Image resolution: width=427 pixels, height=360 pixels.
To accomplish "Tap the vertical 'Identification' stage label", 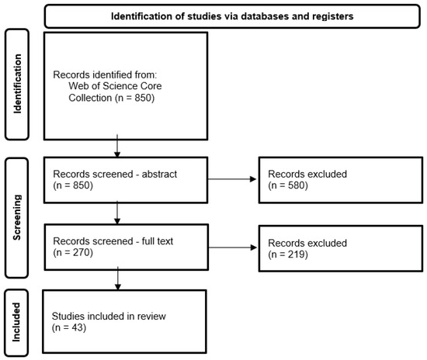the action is point(17,84).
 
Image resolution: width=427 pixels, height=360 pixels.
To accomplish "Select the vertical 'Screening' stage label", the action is point(17,217).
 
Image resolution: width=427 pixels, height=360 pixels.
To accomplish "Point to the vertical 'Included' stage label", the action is point(16,322).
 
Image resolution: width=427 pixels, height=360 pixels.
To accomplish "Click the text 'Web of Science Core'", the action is point(115,86).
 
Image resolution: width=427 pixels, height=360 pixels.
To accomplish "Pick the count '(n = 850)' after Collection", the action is point(134,98).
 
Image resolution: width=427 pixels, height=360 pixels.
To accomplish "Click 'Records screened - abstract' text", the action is point(115,174).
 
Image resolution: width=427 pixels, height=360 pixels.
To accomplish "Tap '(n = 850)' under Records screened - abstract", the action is point(73,185).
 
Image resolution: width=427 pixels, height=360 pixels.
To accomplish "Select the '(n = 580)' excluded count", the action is point(288,185).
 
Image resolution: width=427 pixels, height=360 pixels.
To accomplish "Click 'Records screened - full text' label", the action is point(113,241).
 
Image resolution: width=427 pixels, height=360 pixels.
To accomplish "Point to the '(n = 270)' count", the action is point(73,252).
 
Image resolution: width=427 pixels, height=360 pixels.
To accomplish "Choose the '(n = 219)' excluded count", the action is point(288,254).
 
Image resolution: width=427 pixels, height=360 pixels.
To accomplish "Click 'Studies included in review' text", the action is point(109,317).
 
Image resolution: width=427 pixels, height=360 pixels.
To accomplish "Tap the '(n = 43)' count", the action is point(69,327).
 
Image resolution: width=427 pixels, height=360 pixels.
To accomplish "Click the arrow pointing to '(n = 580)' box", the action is point(232,179).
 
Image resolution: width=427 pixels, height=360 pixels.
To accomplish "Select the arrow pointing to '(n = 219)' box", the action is point(232,247).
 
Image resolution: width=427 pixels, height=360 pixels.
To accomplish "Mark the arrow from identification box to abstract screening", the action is point(117,146).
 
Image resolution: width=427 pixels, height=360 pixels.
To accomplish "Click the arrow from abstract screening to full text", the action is point(117,213).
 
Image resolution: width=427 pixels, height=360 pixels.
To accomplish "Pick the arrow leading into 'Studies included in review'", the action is point(118,279).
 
